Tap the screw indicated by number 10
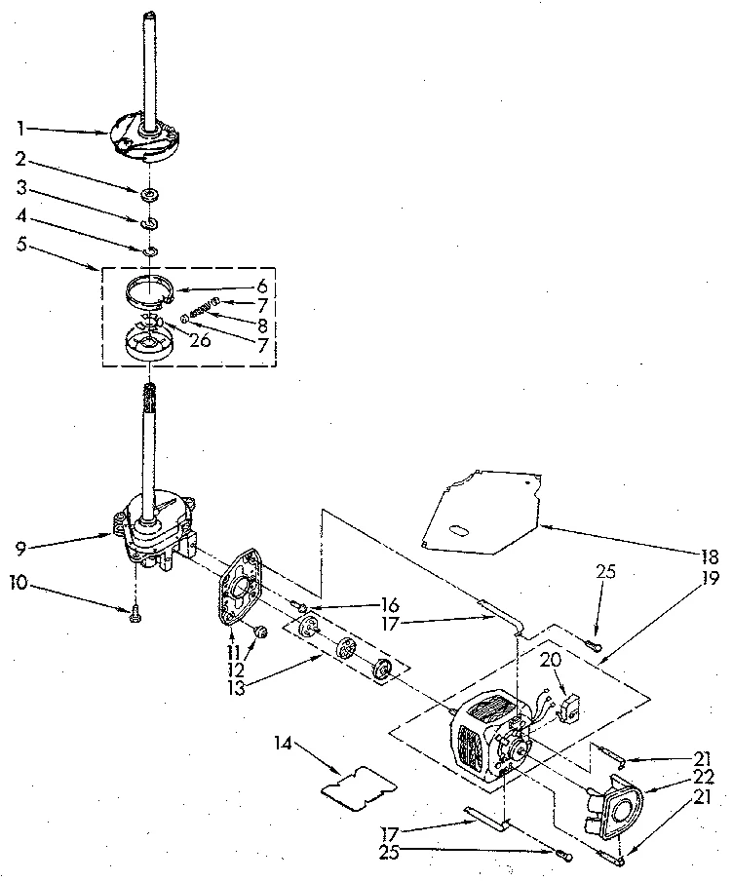(134, 611)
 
